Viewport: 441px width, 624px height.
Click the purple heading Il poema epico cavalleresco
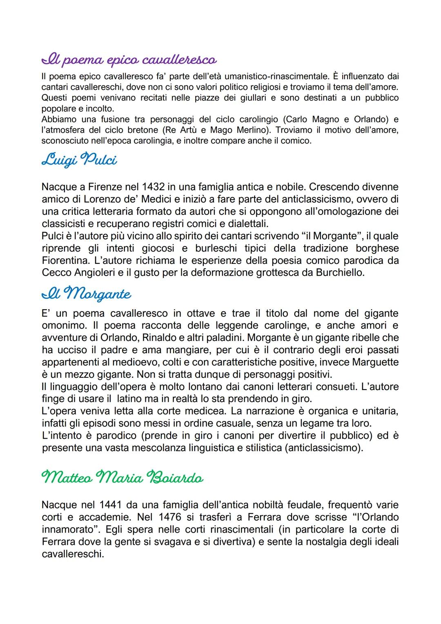click(x=129, y=60)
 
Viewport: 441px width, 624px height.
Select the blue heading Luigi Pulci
click(x=79, y=160)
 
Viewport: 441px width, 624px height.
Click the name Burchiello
click(x=340, y=273)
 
